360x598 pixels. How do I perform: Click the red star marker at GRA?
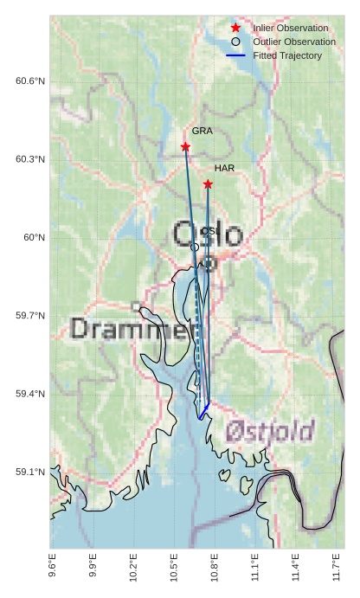click(185, 146)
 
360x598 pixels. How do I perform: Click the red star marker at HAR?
click(208, 183)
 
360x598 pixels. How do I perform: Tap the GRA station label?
click(202, 132)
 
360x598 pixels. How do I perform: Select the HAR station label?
click(224, 168)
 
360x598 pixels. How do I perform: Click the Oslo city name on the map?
click(208, 235)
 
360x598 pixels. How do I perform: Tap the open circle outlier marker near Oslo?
click(195, 247)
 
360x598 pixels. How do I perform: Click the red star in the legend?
click(235, 29)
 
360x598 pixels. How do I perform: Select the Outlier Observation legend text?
click(294, 42)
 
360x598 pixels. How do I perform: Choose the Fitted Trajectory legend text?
click(287, 55)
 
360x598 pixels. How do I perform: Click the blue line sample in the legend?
click(235, 55)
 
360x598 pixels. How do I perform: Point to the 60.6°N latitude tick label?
click(30, 81)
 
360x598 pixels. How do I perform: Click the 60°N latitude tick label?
click(34, 238)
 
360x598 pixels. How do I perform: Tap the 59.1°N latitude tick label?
click(30, 473)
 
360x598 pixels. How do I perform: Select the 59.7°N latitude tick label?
click(30, 316)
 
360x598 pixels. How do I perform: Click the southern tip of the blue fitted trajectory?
click(200, 419)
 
